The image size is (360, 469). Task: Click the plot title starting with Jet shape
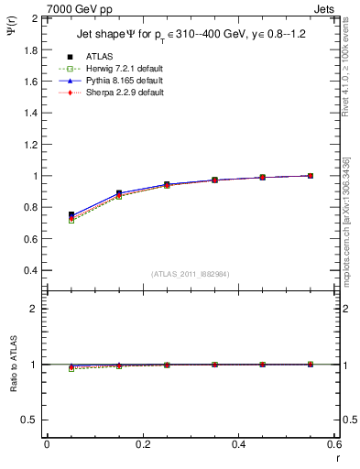pos(191,35)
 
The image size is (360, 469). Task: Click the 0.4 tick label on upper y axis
pos(32,271)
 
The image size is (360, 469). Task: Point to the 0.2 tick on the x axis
pos(142,443)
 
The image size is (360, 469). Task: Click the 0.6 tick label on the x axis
pos(334,443)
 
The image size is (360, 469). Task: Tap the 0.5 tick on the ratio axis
pos(32,420)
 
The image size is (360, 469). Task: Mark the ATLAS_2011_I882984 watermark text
pos(191,274)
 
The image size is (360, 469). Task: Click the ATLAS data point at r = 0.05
pos(71,214)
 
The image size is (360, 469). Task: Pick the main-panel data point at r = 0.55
pos(311,175)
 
